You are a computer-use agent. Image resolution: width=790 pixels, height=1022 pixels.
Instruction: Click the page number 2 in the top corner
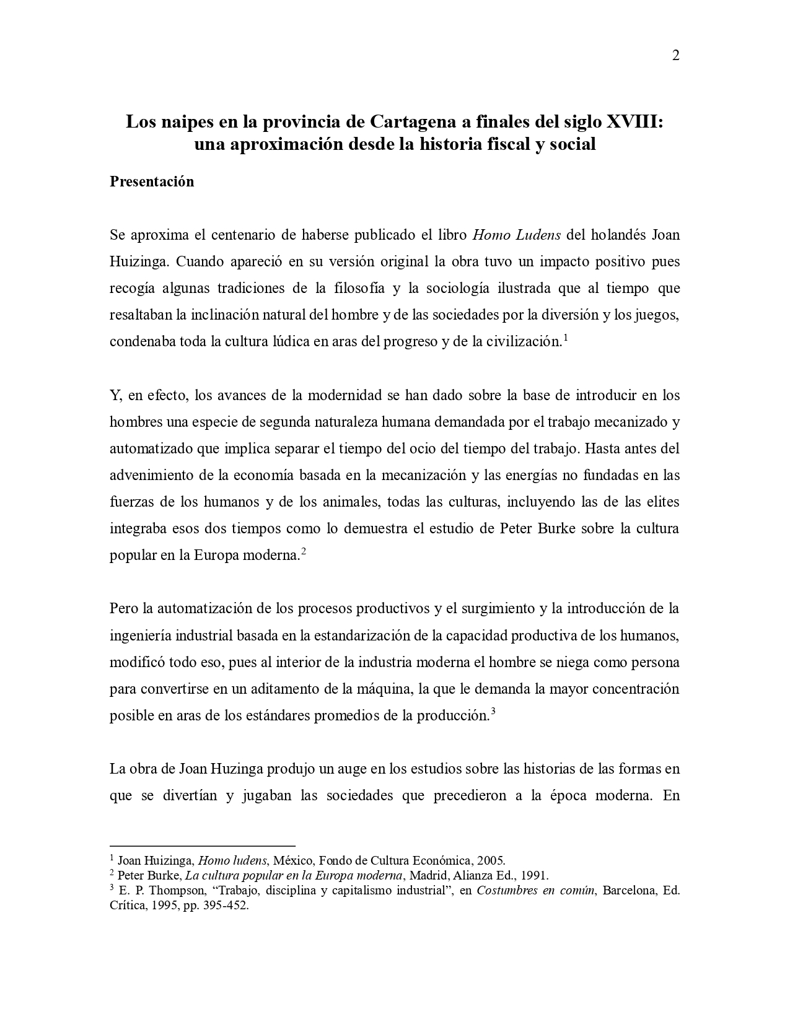tap(675, 56)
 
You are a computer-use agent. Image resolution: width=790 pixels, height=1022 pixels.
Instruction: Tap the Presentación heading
tap(152, 181)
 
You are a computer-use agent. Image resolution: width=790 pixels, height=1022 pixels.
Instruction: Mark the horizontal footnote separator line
tap(202, 845)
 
